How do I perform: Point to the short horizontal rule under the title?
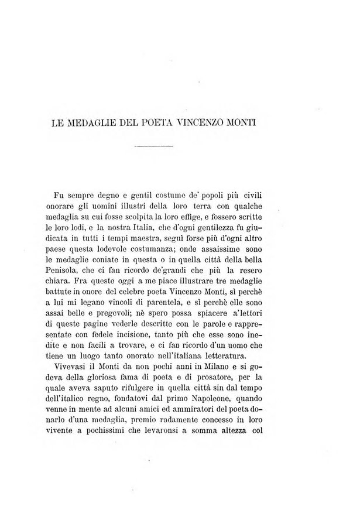(x=153, y=145)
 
